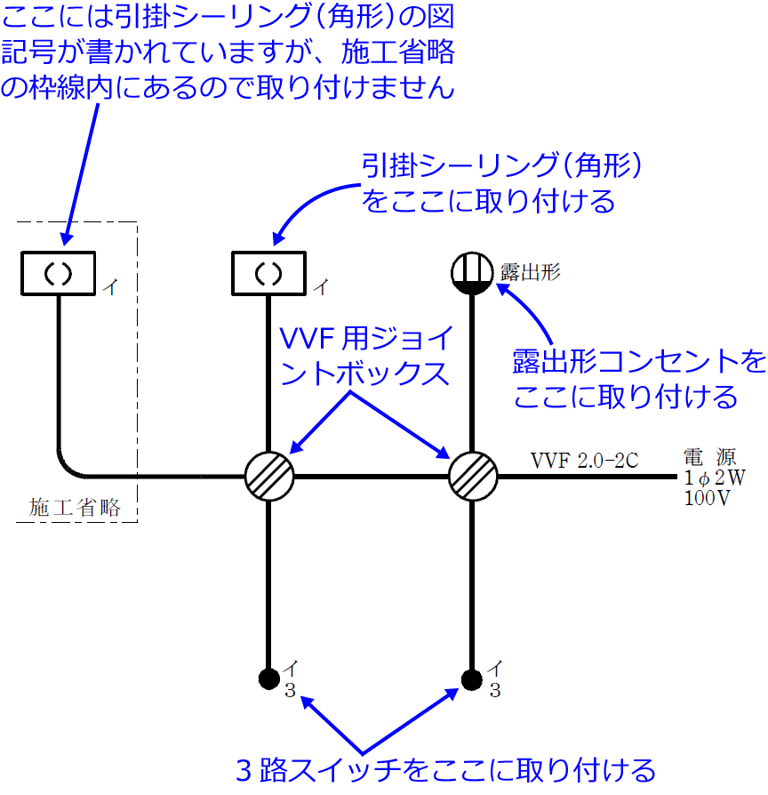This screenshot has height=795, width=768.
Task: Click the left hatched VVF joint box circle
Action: pos(268,477)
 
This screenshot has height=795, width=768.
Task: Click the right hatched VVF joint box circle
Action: pos(473,477)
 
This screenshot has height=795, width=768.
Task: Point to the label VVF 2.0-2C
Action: pos(584,461)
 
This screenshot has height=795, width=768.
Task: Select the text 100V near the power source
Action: pos(707,498)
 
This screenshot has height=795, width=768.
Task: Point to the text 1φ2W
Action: pos(714,478)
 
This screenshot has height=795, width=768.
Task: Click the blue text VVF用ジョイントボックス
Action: pos(366,356)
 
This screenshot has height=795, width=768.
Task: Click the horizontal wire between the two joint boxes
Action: pos(371,477)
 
